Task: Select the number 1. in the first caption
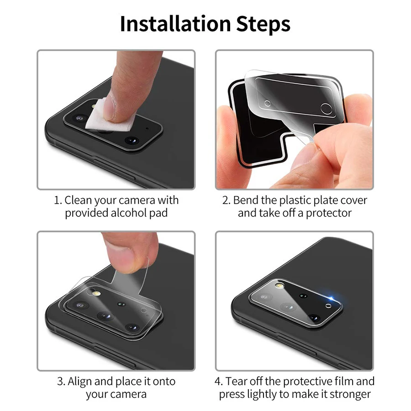click(58, 200)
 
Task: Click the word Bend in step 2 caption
click(246, 200)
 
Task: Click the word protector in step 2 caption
click(329, 213)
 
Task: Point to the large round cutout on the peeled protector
click(326, 108)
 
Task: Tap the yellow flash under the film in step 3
click(96, 296)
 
